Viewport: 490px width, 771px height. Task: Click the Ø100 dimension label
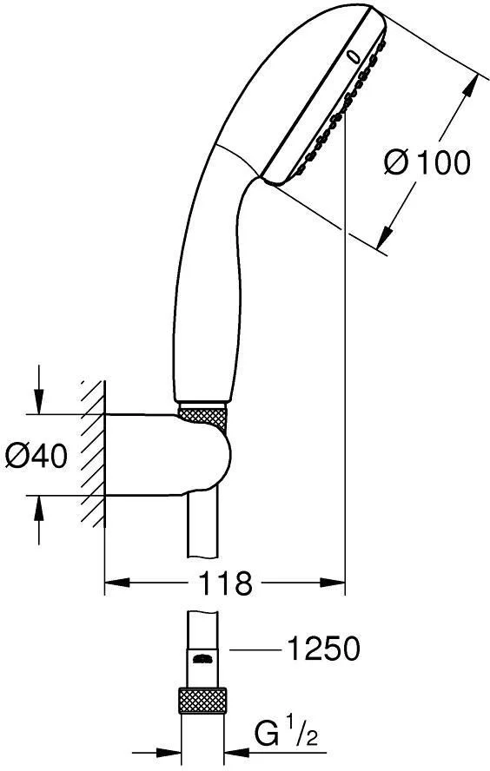427,161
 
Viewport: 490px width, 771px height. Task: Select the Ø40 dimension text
36,454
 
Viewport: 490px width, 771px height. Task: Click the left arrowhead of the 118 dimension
110,583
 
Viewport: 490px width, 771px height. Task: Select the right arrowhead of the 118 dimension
338,583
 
